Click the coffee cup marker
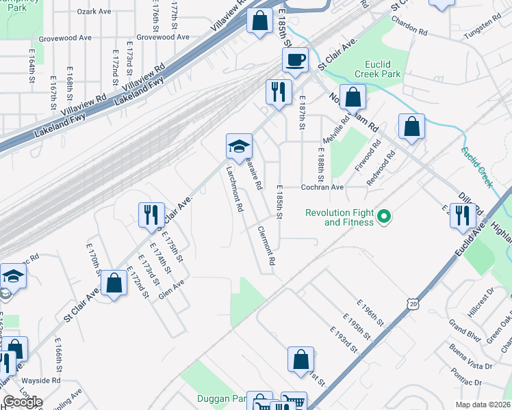(295, 60)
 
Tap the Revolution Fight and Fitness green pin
(384, 217)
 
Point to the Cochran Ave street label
(322, 187)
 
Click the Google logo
(23, 402)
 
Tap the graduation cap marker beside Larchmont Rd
(239, 146)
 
